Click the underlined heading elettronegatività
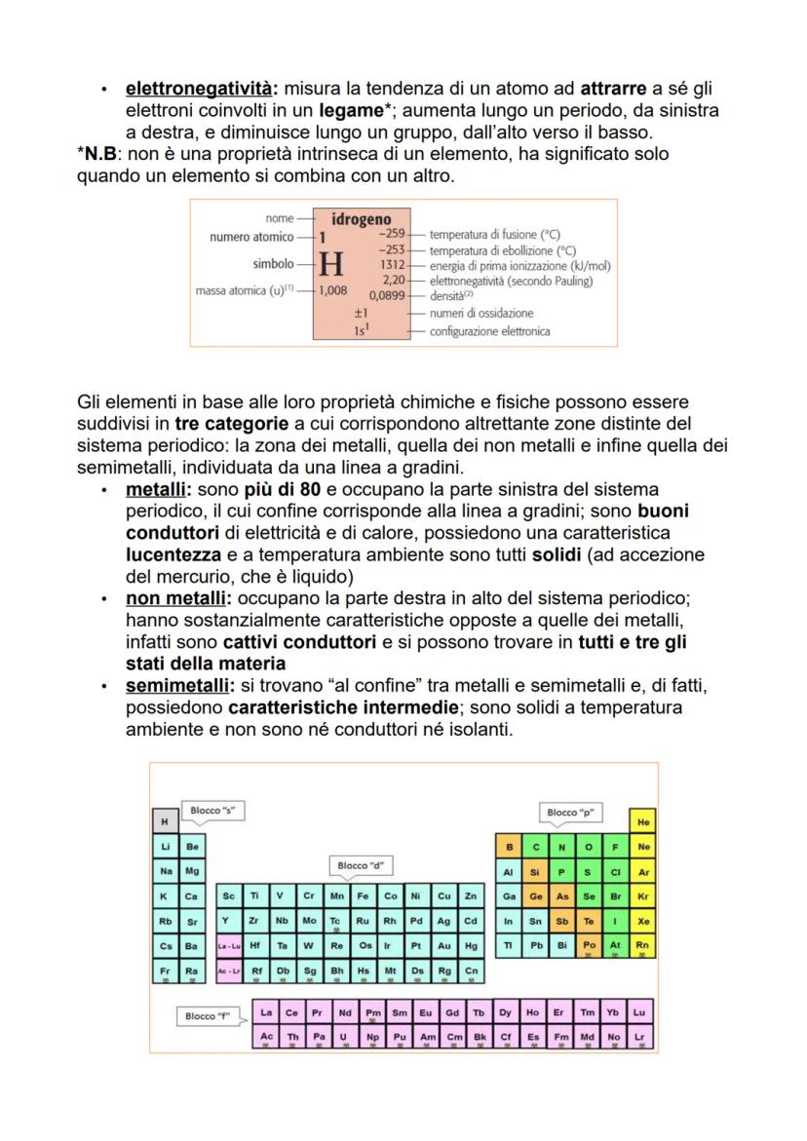[x=188, y=89]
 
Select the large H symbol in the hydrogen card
[x=331, y=264]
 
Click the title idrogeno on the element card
[x=361, y=219]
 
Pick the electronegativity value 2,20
[x=392, y=279]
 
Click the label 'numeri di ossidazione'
[x=481, y=314]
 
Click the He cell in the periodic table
[x=642, y=822]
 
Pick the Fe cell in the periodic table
[x=362, y=896]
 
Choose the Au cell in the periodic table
[x=443, y=945]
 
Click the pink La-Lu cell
[x=228, y=945]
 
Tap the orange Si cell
[x=535, y=871]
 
